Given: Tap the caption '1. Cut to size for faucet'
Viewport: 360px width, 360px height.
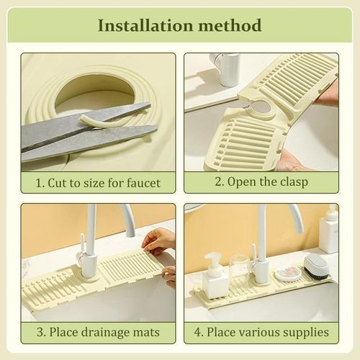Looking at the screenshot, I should pyautogui.click(x=98, y=182).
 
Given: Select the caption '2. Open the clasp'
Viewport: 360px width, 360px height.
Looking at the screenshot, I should pyautogui.click(x=261, y=182).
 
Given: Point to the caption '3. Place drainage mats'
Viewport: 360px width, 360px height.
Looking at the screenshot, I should pyautogui.click(x=98, y=332).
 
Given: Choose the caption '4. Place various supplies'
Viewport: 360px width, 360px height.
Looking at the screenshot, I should pyautogui.click(x=261, y=332).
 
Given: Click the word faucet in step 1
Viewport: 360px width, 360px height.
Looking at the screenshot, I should pyautogui.click(x=141, y=182).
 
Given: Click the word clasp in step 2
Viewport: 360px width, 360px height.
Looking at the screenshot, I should pyautogui.click(x=291, y=182).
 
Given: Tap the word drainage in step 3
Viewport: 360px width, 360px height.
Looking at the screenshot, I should pyautogui.click(x=105, y=332).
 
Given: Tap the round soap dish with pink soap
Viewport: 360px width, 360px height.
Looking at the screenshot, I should pyautogui.click(x=288, y=274).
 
